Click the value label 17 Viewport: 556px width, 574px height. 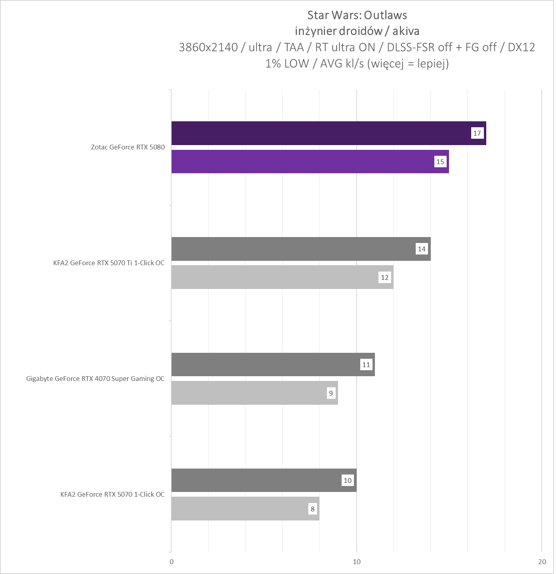(477, 133)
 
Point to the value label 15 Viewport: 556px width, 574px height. (440, 162)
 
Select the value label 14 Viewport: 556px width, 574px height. (422, 249)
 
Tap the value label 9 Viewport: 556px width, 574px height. (331, 393)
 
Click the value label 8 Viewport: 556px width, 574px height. (313, 509)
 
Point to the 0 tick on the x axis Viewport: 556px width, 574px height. (172, 562)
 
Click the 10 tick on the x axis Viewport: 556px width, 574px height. (357, 562)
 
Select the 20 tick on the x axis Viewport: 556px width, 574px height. (542, 562)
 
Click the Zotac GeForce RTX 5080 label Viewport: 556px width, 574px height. (128, 147)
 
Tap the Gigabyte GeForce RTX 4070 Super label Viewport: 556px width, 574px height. (95, 379)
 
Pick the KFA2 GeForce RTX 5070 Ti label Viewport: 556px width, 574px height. (109, 263)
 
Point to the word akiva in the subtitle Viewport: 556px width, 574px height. (406, 31)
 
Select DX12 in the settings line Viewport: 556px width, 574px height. (521, 47)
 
